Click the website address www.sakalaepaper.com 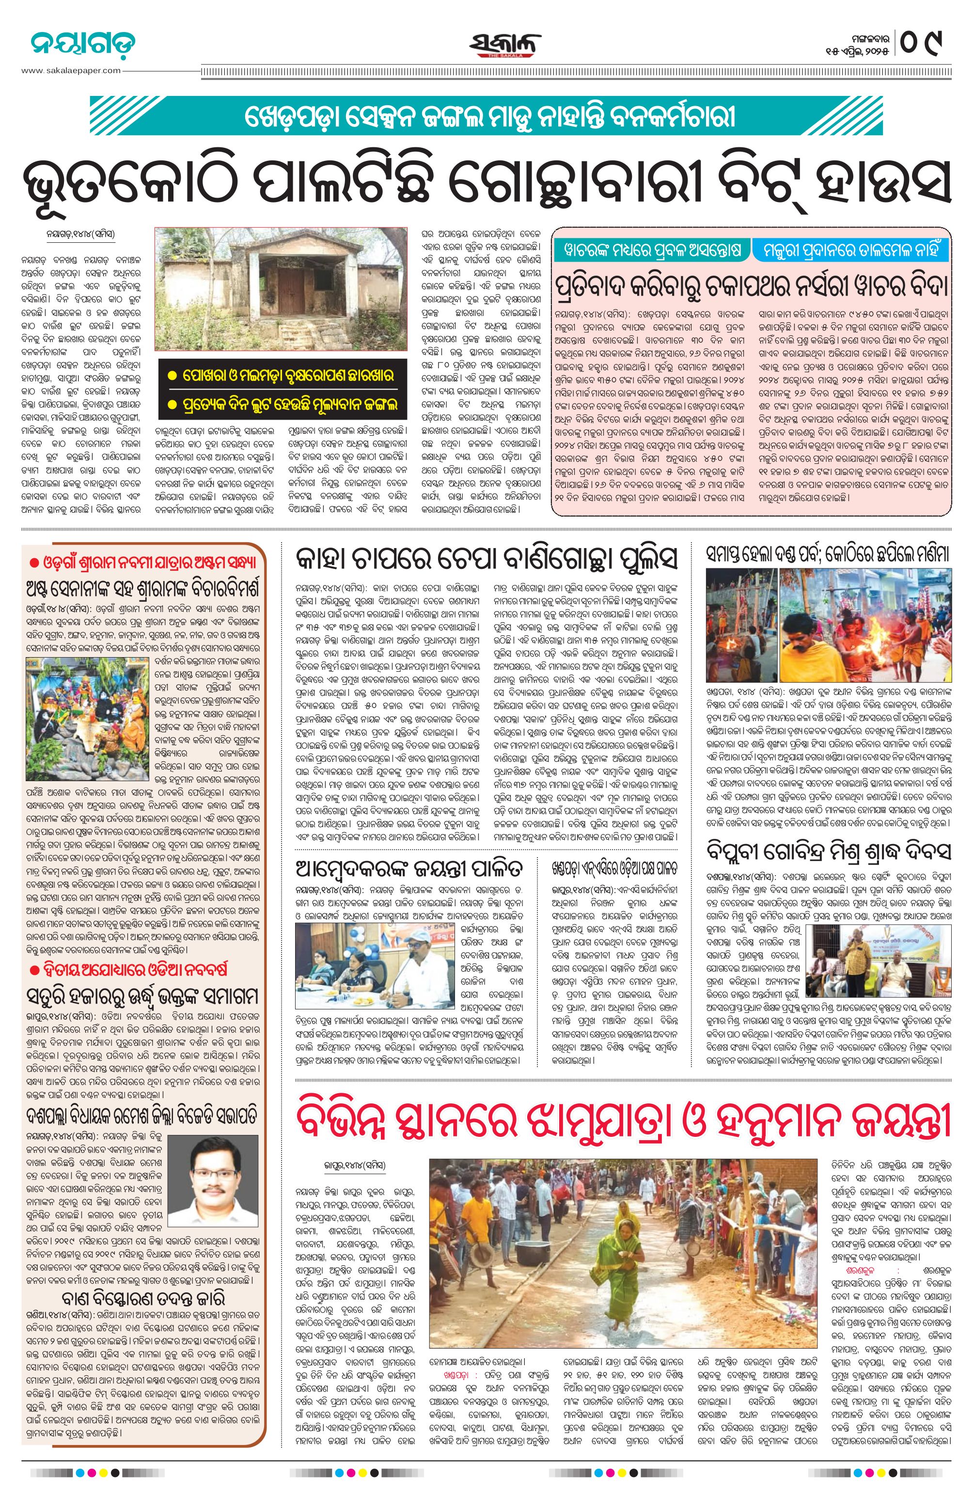coord(71,70)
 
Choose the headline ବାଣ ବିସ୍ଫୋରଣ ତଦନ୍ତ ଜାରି coord(143,1298)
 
